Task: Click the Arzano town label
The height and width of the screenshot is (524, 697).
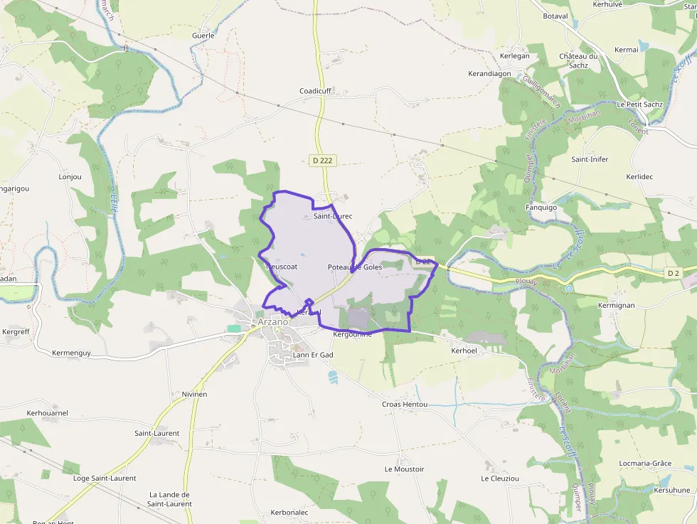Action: click(273, 321)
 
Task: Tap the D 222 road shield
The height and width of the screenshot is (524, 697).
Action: click(322, 161)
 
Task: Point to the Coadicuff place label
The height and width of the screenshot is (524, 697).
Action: click(315, 91)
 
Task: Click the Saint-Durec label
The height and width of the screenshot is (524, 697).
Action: click(333, 215)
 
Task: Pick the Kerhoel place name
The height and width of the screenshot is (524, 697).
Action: click(464, 351)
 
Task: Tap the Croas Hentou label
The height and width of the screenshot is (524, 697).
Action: click(405, 404)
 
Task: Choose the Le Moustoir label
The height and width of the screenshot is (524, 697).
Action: click(404, 469)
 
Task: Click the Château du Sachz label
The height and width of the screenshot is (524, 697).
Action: click(578, 60)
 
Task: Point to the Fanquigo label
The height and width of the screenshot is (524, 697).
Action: click(541, 208)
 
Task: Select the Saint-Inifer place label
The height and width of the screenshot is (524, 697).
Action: click(590, 159)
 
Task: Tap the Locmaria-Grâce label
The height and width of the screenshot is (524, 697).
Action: click(645, 464)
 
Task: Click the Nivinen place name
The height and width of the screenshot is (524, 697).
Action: click(194, 394)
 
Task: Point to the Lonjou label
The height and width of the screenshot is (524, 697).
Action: click(70, 176)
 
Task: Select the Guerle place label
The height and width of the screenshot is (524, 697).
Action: click(203, 35)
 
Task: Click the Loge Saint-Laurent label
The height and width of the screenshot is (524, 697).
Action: click(105, 478)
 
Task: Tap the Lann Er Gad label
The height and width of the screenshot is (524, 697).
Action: click(313, 354)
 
